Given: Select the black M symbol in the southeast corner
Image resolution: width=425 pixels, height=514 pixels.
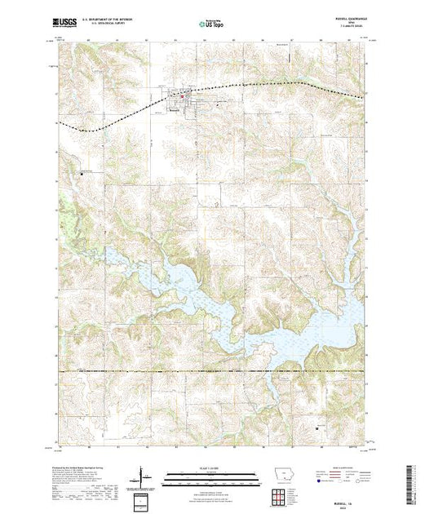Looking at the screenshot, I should pyautogui.click(x=317, y=426).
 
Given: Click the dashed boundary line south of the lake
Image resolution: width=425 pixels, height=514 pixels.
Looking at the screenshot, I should pyautogui.click(x=212, y=371).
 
